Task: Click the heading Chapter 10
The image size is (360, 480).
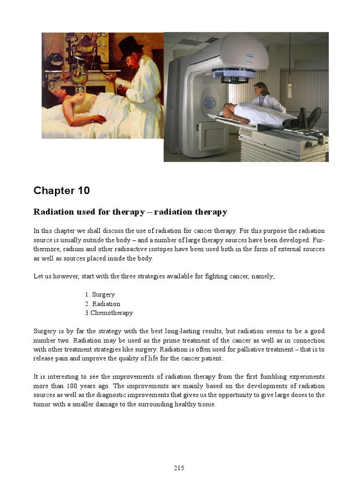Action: [x=61, y=191]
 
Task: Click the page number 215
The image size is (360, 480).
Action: [x=180, y=468]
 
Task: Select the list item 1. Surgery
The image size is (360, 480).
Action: [x=100, y=294]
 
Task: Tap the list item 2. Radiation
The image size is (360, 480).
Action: [x=103, y=304]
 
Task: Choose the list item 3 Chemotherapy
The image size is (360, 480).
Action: [x=109, y=313]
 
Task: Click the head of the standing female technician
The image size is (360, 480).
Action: [x=261, y=89]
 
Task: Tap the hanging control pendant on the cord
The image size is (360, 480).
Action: [x=290, y=90]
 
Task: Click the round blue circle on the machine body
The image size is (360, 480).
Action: [x=210, y=103]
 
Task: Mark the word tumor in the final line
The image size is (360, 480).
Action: [x=42, y=404]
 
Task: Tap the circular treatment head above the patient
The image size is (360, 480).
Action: [x=233, y=74]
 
